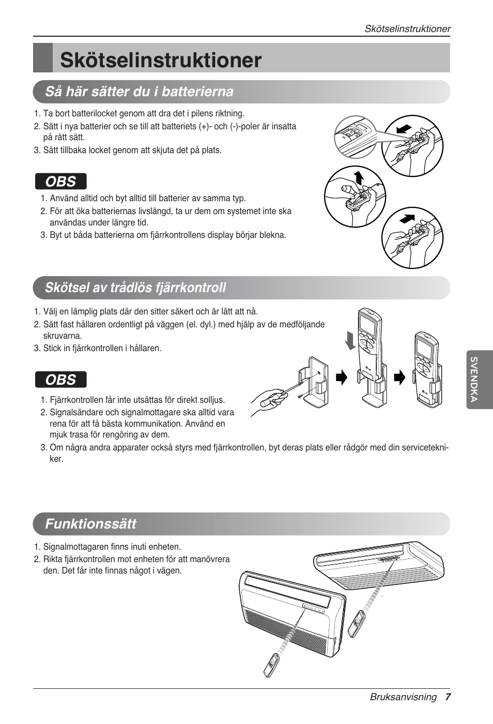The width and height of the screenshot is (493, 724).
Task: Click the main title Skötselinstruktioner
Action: pos(161,60)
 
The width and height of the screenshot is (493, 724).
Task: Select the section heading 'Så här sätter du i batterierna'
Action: pos(139,92)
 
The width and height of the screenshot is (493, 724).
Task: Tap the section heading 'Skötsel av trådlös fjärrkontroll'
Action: pos(135,288)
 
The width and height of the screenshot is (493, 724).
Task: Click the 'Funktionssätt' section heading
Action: pos(90,524)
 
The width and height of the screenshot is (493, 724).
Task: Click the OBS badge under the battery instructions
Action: pos(60,182)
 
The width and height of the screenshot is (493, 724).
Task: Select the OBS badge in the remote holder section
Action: pos(60,380)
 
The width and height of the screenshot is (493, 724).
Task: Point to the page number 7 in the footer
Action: pos(448,697)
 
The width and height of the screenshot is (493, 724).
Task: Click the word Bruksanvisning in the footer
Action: pos(403,697)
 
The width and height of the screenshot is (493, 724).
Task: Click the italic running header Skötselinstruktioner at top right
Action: pos(407,29)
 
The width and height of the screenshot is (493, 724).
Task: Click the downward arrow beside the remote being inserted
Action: pos(351,340)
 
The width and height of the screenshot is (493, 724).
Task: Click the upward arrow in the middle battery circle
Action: pos(359,177)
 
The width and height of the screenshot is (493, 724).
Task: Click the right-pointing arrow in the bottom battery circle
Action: pos(408,218)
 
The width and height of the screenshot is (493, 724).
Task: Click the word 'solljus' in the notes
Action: pos(212,400)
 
